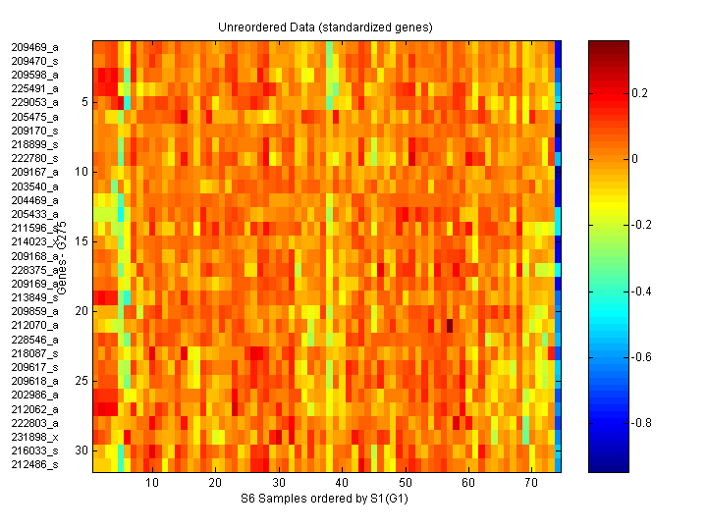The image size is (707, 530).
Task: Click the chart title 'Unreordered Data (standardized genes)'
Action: tap(325, 26)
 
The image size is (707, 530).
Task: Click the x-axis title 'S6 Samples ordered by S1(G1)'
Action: tap(325, 500)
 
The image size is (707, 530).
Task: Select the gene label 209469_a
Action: tap(34, 46)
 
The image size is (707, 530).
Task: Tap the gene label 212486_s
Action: tap(34, 464)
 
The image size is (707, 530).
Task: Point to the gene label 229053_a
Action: tap(34, 102)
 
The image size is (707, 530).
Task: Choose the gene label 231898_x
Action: tap(34, 436)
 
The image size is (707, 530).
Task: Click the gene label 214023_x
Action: tap(34, 241)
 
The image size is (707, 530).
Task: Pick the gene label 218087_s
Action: tap(34, 352)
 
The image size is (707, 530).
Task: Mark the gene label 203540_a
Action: tap(34, 185)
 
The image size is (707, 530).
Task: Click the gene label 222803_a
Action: tap(34, 422)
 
